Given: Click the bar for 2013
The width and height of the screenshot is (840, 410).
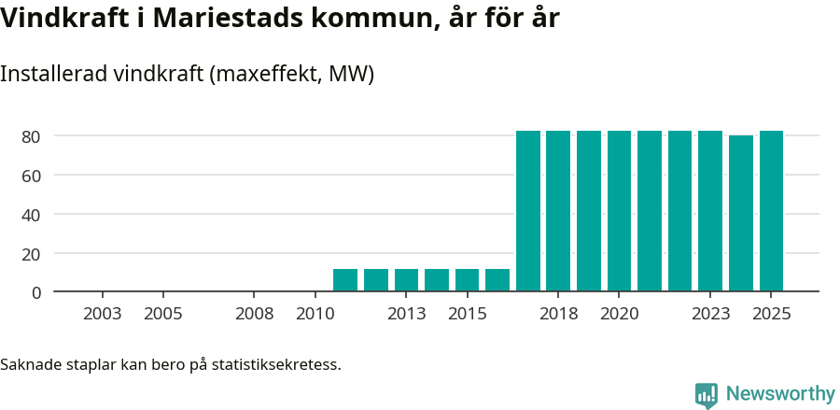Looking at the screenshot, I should pyautogui.click(x=406, y=280).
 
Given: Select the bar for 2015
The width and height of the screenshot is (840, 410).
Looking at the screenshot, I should pyautogui.click(x=467, y=280).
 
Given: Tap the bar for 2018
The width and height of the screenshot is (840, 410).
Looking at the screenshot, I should pyautogui.click(x=558, y=211).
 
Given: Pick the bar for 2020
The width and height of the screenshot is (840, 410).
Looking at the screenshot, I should pyautogui.click(x=619, y=211).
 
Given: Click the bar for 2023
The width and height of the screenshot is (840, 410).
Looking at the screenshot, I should pyautogui.click(x=710, y=211).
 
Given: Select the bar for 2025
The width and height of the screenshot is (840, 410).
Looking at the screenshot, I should pyautogui.click(x=771, y=211).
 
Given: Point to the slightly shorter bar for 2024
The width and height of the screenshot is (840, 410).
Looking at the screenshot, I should pyautogui.click(x=741, y=214).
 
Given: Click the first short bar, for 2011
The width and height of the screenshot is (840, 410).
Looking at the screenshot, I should pyautogui.click(x=345, y=280).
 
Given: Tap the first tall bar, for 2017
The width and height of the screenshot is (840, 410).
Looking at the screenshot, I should pyautogui.click(x=528, y=211).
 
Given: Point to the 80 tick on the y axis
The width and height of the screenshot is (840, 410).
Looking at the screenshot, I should pyautogui.click(x=32, y=136).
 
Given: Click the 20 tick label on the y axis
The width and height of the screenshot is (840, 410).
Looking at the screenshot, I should pyautogui.click(x=32, y=253).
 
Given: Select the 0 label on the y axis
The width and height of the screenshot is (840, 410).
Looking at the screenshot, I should pyautogui.click(x=36, y=292).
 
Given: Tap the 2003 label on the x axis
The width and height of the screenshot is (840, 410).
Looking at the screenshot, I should pyautogui.click(x=102, y=314).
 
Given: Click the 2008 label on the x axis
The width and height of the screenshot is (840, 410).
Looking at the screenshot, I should pyautogui.click(x=254, y=314).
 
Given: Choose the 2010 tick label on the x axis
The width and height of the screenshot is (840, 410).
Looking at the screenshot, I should pyautogui.click(x=315, y=314).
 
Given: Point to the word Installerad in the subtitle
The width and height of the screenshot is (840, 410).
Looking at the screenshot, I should pyautogui.click(x=52, y=74).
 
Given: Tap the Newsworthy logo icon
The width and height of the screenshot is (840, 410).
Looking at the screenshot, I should pyautogui.click(x=707, y=395).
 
